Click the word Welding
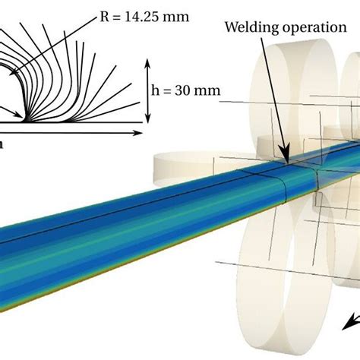click(x=248, y=27)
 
